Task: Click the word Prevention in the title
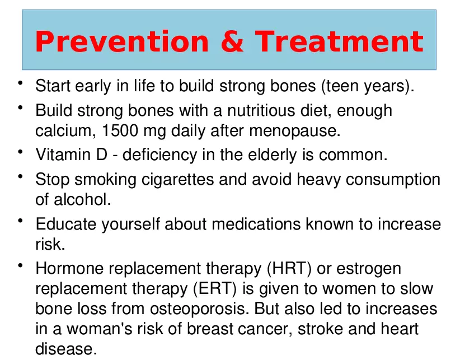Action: pos(122,41)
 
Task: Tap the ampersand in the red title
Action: pos(232,41)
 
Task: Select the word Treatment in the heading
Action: pos(339,41)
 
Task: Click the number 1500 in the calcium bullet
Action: pos(120,130)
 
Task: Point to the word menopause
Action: pos(295,131)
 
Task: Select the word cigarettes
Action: pos(177,180)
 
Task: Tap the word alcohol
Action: pos(82,199)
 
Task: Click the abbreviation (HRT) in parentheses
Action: pos(289,269)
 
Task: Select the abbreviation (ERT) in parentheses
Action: pos(215,289)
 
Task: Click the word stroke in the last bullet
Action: pos(320,329)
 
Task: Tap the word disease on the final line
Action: pos(66,349)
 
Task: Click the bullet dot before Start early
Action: pos(20,83)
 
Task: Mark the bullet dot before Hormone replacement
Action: pos(20,265)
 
